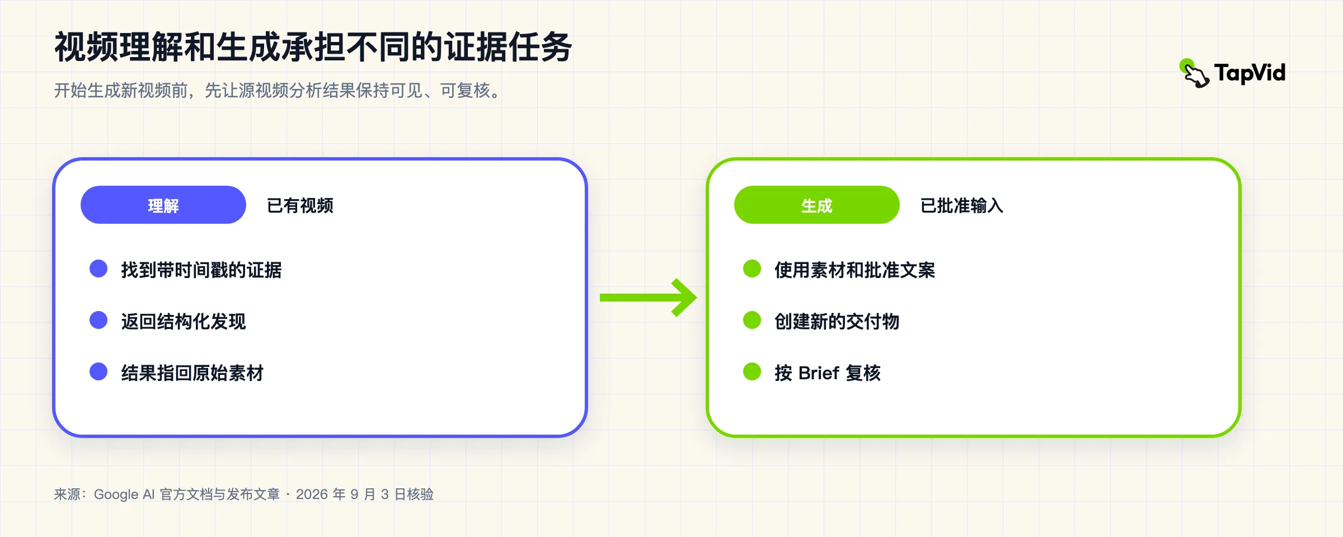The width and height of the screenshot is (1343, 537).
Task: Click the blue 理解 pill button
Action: pyautogui.click(x=163, y=205)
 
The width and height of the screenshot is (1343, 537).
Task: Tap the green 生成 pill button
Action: pyautogui.click(x=817, y=205)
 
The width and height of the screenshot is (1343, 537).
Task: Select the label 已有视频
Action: pyautogui.click(x=300, y=205)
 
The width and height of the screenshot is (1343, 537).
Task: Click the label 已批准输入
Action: pyautogui.click(x=962, y=205)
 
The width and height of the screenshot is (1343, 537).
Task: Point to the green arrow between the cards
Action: pyautogui.click(x=648, y=298)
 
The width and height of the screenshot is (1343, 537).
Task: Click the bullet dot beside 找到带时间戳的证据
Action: pyautogui.click(x=98, y=268)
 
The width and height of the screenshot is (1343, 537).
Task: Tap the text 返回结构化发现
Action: pyautogui.click(x=184, y=322)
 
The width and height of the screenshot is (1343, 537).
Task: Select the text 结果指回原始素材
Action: pyautogui.click(x=192, y=373)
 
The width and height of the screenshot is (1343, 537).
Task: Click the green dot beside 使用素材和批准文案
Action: pyautogui.click(x=752, y=268)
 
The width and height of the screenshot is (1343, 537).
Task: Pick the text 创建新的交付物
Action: pyautogui.click(x=837, y=322)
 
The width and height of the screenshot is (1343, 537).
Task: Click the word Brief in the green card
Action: pyautogui.click(x=819, y=373)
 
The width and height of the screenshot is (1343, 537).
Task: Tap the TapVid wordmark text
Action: pyautogui.click(x=1250, y=73)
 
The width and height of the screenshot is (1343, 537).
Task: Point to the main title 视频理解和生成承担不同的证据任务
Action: pyautogui.click(x=313, y=47)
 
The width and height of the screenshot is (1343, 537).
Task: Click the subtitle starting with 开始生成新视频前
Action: pyautogui.click(x=278, y=90)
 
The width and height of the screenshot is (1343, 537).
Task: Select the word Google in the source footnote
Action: pyautogui.click(x=116, y=494)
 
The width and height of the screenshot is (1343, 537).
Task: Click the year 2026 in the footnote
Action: pyautogui.click(x=312, y=494)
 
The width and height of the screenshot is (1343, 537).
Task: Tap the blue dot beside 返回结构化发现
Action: pyautogui.click(x=98, y=320)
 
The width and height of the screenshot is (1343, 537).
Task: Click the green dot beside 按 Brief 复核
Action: pyautogui.click(x=752, y=371)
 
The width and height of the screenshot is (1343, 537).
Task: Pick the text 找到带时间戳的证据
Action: pyautogui.click(x=201, y=270)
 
